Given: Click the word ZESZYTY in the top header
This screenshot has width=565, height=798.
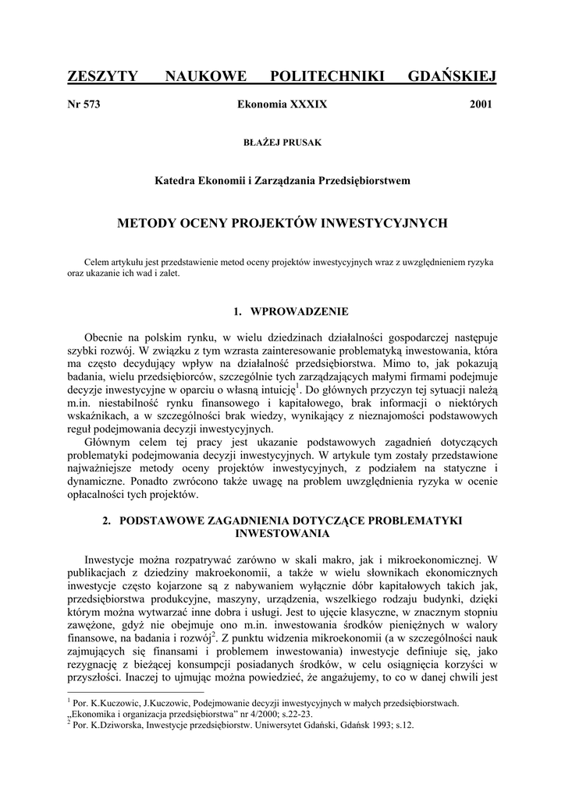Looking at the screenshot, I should click(x=103, y=76).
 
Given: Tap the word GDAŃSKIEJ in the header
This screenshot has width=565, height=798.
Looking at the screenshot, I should click(x=453, y=76).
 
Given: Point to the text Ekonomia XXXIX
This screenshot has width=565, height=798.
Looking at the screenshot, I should click(x=282, y=104).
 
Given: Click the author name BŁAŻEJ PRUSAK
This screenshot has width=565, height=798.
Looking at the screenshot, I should click(x=282, y=142).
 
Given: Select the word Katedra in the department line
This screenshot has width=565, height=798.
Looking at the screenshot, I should click(x=178, y=180).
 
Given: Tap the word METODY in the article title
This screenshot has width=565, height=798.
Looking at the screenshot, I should click(x=143, y=223).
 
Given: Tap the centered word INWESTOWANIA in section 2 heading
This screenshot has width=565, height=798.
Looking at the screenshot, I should click(x=282, y=534).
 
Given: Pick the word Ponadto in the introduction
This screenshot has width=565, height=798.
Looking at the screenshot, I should click(x=88, y=482).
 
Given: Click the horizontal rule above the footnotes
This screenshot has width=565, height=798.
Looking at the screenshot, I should click(x=136, y=691).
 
